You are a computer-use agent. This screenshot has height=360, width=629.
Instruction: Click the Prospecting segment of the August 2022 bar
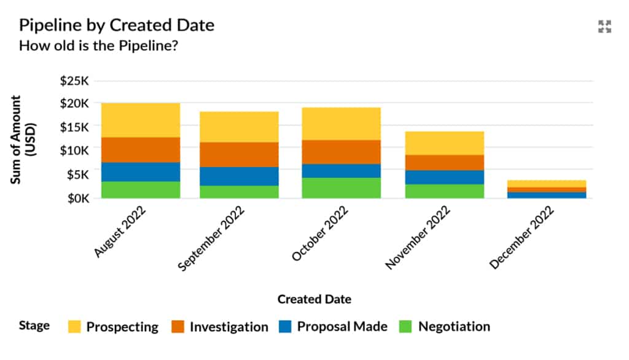[141, 120]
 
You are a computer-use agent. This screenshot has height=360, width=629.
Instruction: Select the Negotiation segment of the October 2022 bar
[341, 188]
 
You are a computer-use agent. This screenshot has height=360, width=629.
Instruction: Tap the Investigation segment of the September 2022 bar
[239, 154]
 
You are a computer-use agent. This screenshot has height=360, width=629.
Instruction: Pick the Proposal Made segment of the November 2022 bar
[444, 177]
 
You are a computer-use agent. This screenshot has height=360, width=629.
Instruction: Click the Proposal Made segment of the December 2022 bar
[547, 195]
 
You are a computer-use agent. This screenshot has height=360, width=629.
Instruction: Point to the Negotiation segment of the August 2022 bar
[141, 190]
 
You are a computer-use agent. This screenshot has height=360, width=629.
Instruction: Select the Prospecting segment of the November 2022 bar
[444, 143]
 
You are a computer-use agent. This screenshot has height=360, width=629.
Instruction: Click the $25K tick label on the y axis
[74, 80]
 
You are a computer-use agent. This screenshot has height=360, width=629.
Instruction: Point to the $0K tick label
[77, 198]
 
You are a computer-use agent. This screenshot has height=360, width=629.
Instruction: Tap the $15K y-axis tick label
[74, 127]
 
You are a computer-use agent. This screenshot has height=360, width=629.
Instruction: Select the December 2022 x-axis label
[522, 237]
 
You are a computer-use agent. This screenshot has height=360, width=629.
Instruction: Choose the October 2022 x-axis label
[319, 233]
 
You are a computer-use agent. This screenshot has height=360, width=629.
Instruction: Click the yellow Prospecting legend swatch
[74, 327]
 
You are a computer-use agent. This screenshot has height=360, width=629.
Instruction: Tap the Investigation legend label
[229, 327]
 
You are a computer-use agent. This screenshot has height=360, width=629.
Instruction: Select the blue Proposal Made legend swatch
[285, 327]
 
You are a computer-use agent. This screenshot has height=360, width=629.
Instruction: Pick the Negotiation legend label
[454, 327]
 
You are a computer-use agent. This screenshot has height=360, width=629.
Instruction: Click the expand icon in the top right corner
[605, 26]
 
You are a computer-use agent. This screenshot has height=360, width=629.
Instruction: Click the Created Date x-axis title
[314, 299]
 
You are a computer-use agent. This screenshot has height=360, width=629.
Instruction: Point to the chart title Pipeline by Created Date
[117, 25]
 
